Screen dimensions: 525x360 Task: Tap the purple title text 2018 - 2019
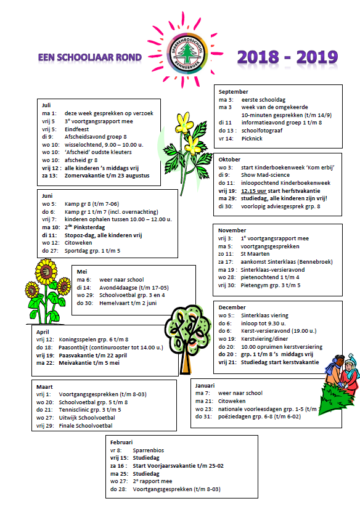(287, 57)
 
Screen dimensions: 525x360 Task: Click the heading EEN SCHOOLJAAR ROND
(90, 58)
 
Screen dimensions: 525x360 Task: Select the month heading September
(234, 92)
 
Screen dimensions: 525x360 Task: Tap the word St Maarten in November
(252, 253)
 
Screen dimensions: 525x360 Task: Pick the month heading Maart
(45, 386)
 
